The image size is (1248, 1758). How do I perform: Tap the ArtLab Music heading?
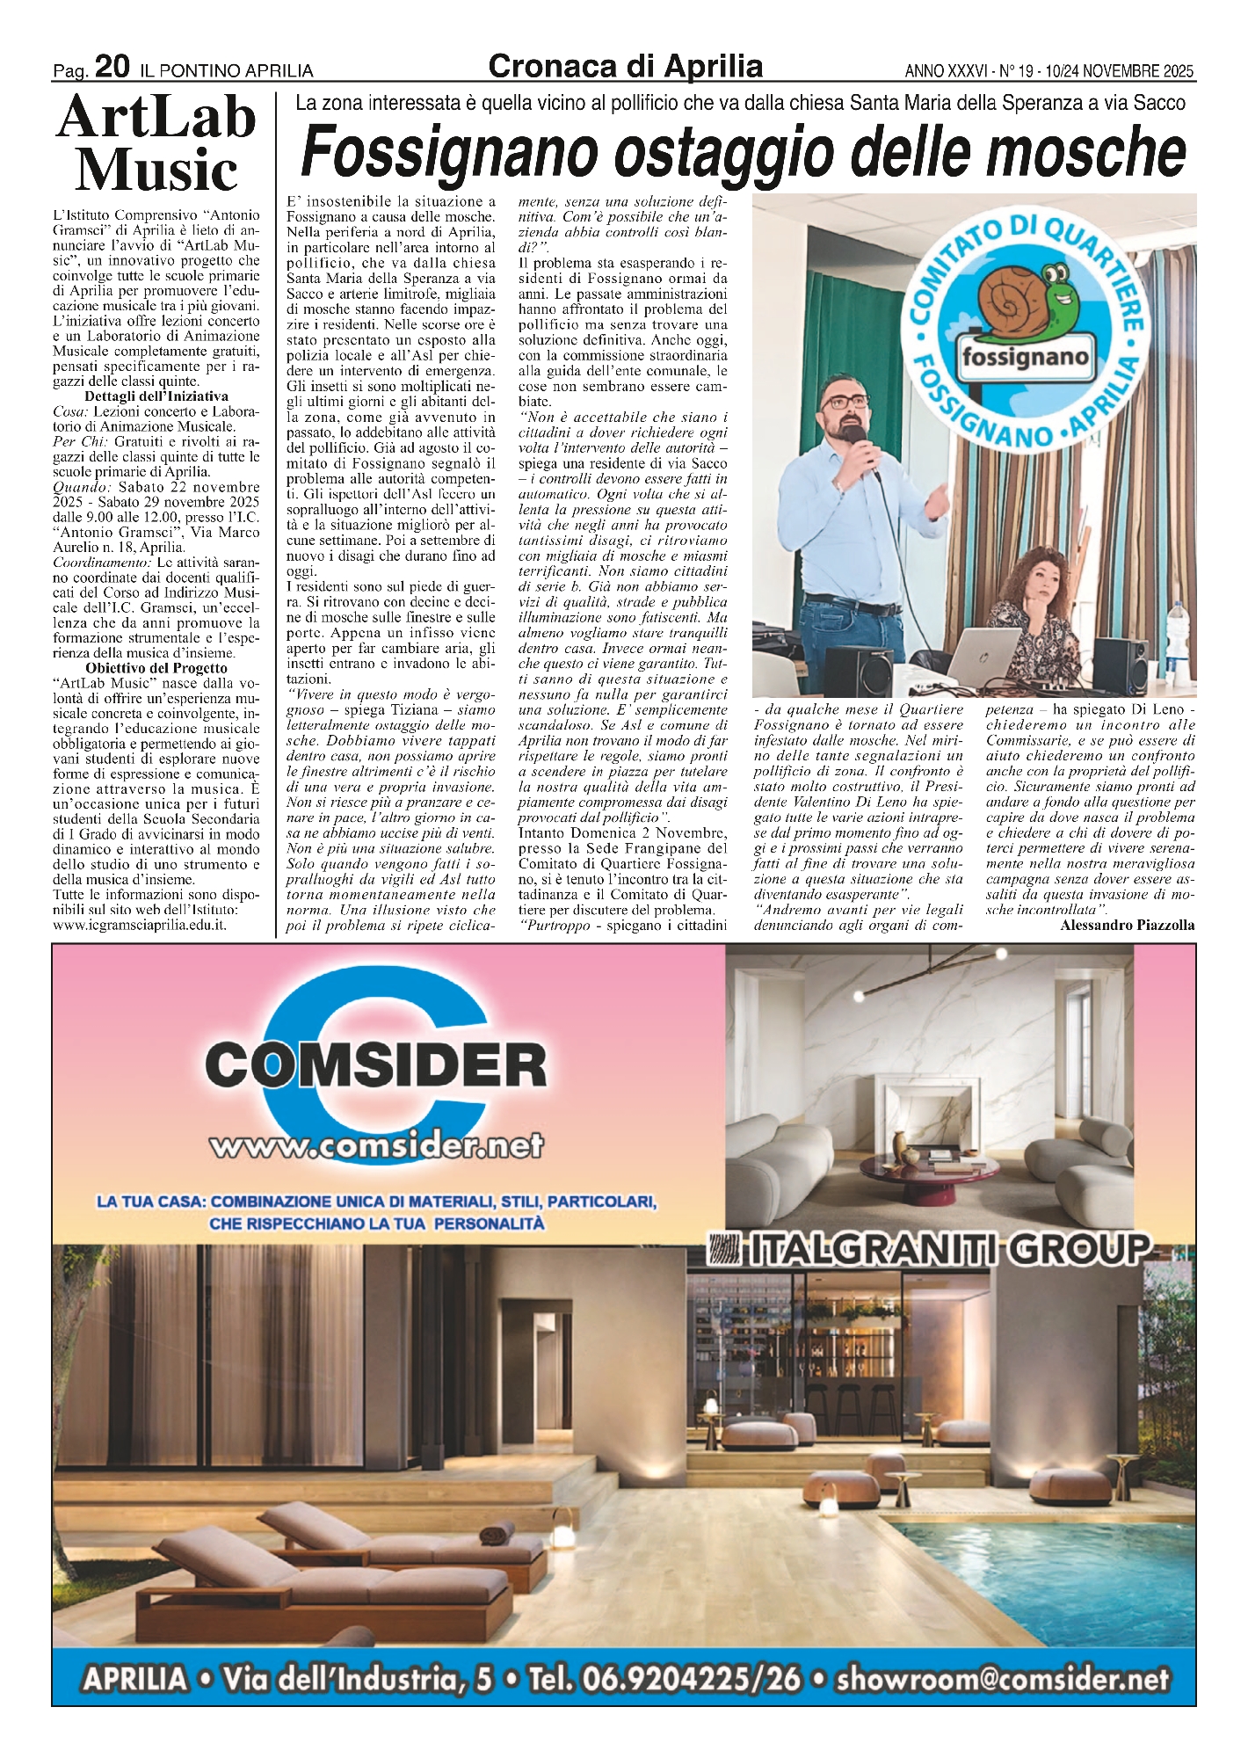[156, 144]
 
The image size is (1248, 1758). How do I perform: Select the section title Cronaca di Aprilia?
[625, 66]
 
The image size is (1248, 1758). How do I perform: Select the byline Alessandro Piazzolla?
[1127, 926]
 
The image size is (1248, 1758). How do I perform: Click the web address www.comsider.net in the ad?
[375, 1145]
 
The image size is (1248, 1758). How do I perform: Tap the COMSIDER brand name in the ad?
[375, 1065]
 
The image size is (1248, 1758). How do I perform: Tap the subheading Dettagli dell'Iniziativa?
[156, 396]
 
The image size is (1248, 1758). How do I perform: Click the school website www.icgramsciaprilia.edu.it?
[141, 925]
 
